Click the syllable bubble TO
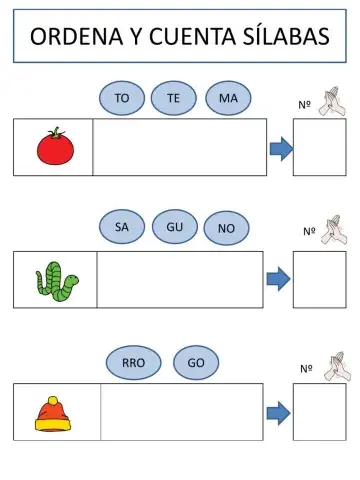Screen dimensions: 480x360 coord(122,98)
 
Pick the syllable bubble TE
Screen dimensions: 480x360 coord(173,98)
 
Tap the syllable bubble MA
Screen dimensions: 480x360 coord(227,98)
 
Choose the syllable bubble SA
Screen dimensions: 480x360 coord(122,228)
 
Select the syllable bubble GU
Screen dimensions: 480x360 coord(174,228)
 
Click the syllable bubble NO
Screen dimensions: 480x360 coord(226,229)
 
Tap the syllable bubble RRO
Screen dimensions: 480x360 coord(132,362)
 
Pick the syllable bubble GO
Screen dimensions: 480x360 coord(196,362)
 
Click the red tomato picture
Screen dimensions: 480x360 coord(54,147)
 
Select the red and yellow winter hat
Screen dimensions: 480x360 coord(54,413)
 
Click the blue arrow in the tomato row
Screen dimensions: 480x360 coord(280,149)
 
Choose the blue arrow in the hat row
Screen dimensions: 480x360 coord(279,412)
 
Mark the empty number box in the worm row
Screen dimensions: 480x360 coord(319,279)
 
